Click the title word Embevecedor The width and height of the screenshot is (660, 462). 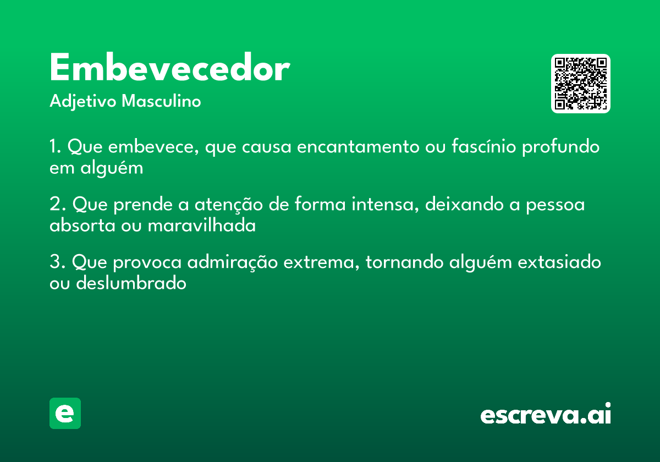(169, 69)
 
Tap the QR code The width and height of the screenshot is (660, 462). (581, 84)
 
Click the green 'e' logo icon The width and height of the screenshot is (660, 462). (65, 413)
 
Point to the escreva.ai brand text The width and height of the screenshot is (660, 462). (546, 414)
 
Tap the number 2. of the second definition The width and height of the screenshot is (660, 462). (57, 205)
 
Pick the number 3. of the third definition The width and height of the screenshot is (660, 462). (57, 262)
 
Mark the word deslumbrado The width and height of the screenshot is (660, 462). (131, 283)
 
